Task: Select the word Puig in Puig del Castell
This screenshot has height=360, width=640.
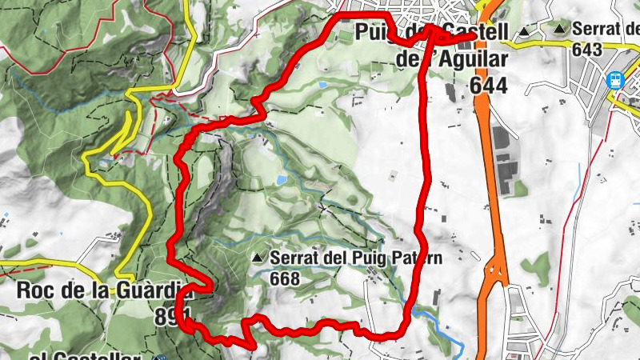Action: (x=378, y=34)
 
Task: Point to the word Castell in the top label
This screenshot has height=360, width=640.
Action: (x=477, y=34)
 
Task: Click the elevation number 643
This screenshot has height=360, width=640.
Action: (x=586, y=48)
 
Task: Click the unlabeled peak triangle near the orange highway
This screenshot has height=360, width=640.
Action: (x=524, y=32)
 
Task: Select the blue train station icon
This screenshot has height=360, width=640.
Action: (x=615, y=80)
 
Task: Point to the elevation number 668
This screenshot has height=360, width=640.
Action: (x=285, y=278)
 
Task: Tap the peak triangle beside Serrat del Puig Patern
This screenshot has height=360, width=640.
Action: (x=257, y=258)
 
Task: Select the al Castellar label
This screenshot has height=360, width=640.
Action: (x=84, y=354)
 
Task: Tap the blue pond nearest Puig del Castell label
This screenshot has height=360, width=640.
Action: (x=322, y=84)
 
